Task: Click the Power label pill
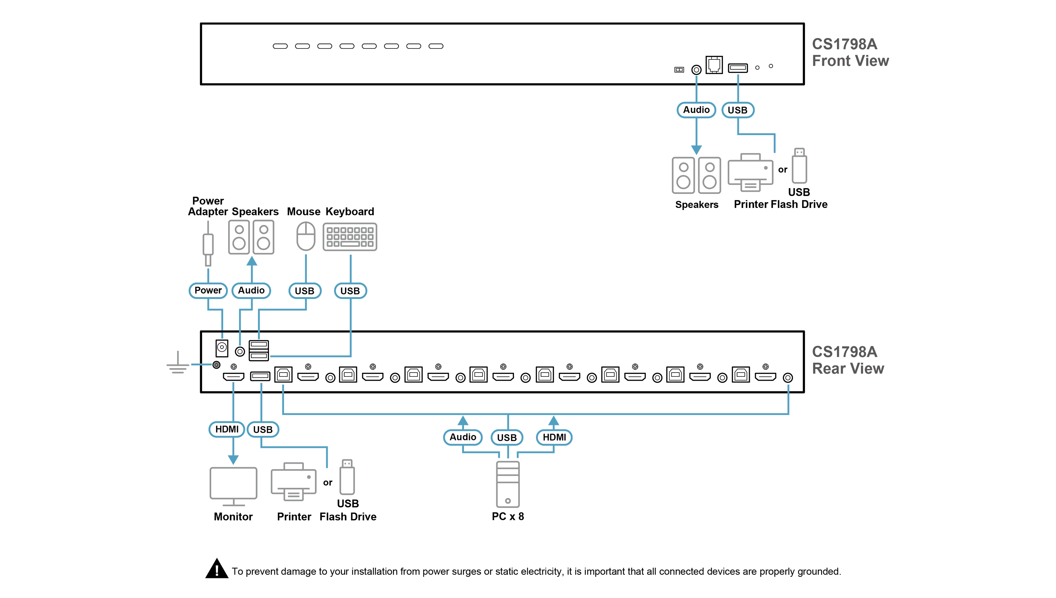(208, 290)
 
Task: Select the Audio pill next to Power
(251, 290)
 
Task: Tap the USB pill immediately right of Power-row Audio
(304, 291)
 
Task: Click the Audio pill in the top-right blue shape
(696, 110)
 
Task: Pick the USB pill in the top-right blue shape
(737, 110)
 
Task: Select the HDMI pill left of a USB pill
(227, 429)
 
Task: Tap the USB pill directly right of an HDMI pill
(263, 430)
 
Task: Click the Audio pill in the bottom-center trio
(463, 437)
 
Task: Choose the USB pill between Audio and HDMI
(507, 437)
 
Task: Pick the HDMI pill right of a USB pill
(554, 437)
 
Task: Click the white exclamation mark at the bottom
(216, 570)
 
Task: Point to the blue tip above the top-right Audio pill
(696, 78)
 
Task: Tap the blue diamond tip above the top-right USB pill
(738, 78)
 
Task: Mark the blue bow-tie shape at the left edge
(201, 364)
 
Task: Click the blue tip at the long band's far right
(788, 388)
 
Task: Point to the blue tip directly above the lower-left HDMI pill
(233, 387)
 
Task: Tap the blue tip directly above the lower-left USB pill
(261, 387)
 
